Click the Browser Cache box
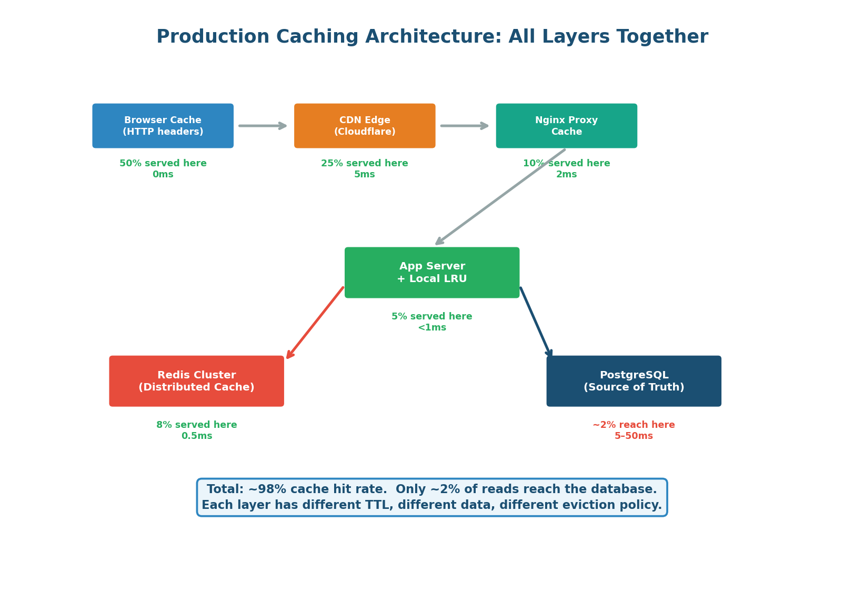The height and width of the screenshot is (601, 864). [x=163, y=126]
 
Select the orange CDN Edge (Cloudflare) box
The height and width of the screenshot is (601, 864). [x=365, y=126]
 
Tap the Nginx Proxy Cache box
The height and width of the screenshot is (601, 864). [x=566, y=126]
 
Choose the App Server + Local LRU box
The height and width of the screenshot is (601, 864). [x=432, y=273]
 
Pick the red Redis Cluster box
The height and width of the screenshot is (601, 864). [x=196, y=381]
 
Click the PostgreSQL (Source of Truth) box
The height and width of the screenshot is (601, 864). [x=634, y=381]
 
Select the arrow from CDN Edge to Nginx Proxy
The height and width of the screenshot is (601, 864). [x=464, y=126]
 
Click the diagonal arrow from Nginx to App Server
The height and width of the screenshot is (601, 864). [x=500, y=197]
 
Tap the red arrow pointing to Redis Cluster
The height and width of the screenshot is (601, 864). [x=315, y=323]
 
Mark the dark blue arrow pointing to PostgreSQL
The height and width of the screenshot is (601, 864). [x=536, y=322]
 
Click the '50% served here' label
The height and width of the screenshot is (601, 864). [x=163, y=164]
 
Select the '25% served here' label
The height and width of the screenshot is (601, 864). [x=365, y=164]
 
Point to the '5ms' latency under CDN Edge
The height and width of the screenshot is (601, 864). [x=365, y=175]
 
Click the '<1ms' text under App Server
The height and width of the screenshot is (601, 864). [x=432, y=328]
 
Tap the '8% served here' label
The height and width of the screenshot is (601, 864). [x=196, y=425]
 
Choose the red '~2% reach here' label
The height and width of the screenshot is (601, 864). [x=634, y=425]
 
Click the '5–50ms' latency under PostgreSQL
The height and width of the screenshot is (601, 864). [x=634, y=436]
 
